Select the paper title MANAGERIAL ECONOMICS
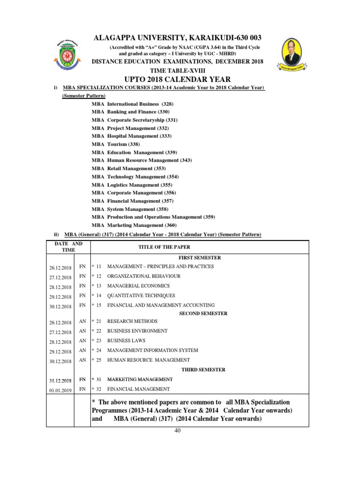(x=138, y=286)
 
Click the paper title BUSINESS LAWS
(x=126, y=341)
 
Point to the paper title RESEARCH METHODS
(x=132, y=322)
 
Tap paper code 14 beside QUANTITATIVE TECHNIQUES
(x=99, y=296)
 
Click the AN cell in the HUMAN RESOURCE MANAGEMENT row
(x=82, y=360)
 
